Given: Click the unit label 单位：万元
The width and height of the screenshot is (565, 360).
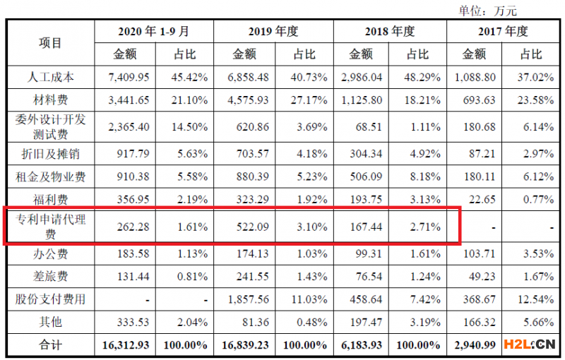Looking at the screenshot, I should pos(487,10).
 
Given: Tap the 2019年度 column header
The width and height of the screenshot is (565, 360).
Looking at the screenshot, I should pos(273,32).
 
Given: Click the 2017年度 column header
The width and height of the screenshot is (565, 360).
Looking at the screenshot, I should pos(505,32).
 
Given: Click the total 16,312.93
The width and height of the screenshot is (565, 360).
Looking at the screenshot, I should pos(124,345).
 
